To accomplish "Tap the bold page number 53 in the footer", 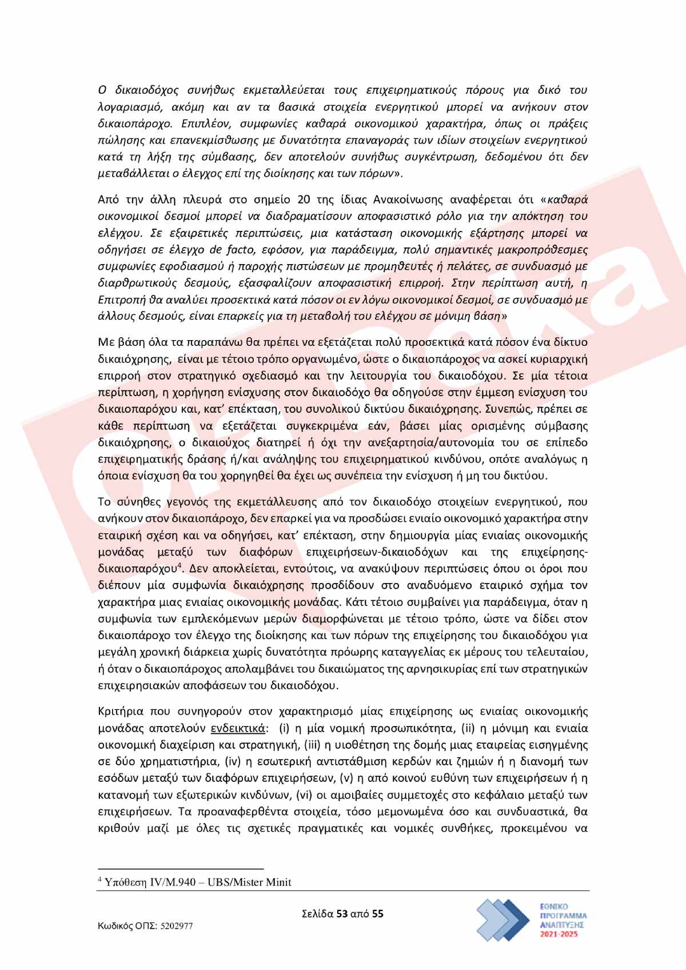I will [342, 913].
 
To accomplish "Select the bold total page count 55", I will [377, 913].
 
